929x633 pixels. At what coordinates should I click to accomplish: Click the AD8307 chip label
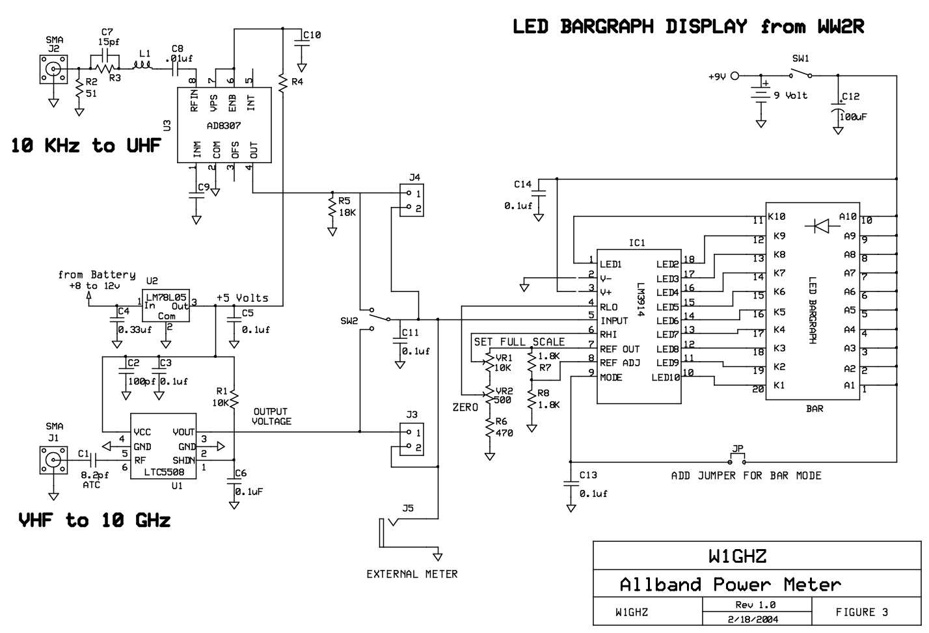click(x=223, y=126)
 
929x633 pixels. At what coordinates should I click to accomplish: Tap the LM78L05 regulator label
click(x=166, y=297)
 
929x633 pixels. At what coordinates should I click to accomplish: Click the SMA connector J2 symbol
click(x=53, y=70)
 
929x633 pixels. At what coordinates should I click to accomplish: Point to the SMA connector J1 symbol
click(x=53, y=460)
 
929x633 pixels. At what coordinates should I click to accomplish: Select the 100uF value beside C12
click(x=853, y=117)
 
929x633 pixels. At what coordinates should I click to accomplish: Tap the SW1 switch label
click(x=800, y=59)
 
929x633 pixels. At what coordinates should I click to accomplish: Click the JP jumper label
click(x=738, y=449)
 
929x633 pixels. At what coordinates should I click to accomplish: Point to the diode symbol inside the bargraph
click(x=820, y=226)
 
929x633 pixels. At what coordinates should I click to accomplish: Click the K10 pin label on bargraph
click(x=777, y=217)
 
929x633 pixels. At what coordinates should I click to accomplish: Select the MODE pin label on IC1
click(x=611, y=377)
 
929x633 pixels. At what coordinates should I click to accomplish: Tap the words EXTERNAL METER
click(x=412, y=574)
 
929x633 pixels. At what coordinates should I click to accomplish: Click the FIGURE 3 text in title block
click(x=861, y=612)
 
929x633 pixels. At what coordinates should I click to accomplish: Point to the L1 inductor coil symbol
click(x=142, y=66)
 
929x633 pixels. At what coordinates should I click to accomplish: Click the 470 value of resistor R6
click(x=504, y=433)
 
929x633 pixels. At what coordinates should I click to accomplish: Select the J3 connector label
click(x=412, y=414)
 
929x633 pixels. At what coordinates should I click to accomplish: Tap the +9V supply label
click(x=717, y=76)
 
